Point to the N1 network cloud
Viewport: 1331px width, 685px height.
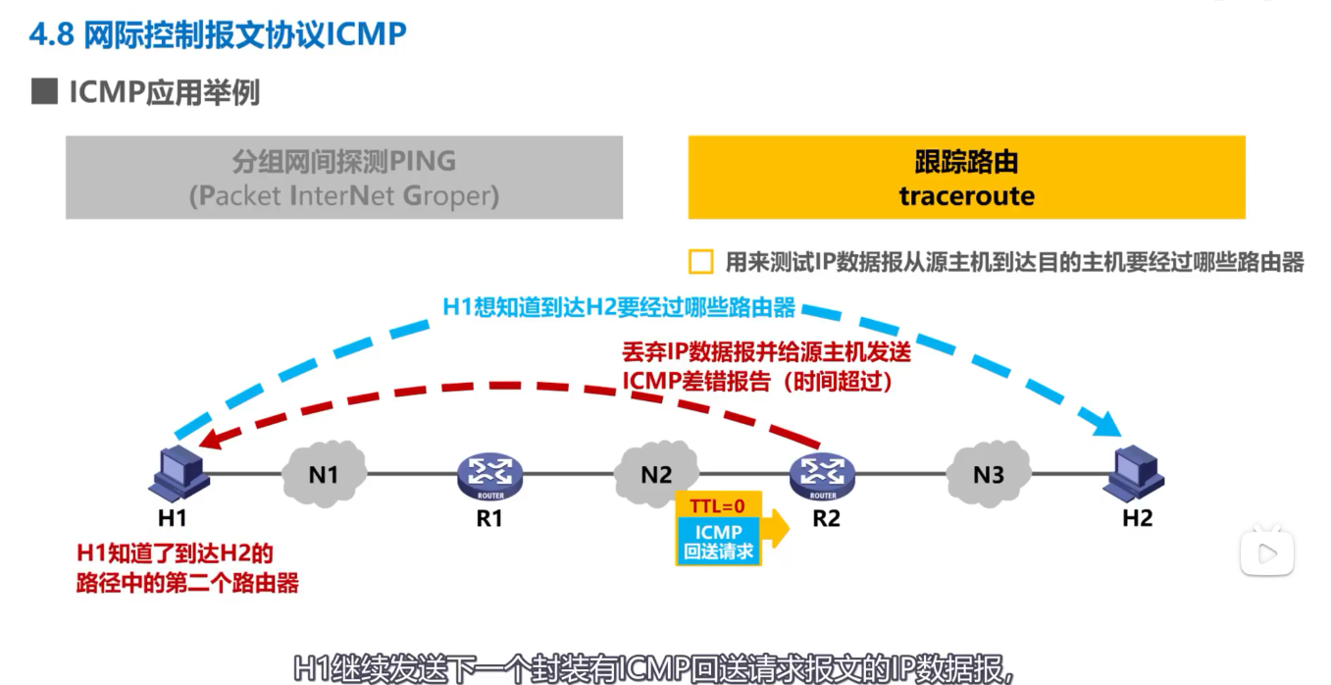coord(324,474)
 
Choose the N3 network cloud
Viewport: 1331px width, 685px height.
coord(989,474)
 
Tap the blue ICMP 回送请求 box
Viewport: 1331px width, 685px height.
coord(719,541)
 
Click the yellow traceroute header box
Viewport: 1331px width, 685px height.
coord(966,178)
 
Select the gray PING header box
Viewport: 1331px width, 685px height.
coord(344,178)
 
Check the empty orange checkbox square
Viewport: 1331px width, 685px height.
coord(700,262)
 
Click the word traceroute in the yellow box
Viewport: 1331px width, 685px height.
coord(966,195)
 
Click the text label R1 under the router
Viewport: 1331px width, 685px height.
coord(489,518)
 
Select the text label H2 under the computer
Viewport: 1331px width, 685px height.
coord(1137,518)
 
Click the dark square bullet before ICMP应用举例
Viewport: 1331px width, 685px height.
coord(44,93)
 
